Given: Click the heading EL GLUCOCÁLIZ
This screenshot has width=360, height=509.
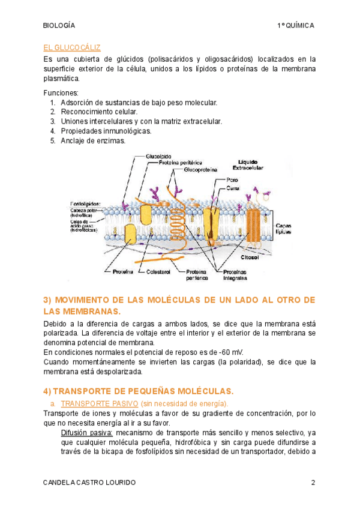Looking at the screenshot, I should pos(72,47).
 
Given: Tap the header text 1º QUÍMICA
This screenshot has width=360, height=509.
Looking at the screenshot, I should pos(296,26).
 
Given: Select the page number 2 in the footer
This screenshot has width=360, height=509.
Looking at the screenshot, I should pos(313,483).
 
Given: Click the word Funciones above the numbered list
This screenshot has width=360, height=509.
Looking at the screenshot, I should pos(61,93).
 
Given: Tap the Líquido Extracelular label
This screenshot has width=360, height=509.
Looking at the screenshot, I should pos(251,165).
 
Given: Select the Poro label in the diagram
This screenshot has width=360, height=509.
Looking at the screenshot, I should pos(231,179).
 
